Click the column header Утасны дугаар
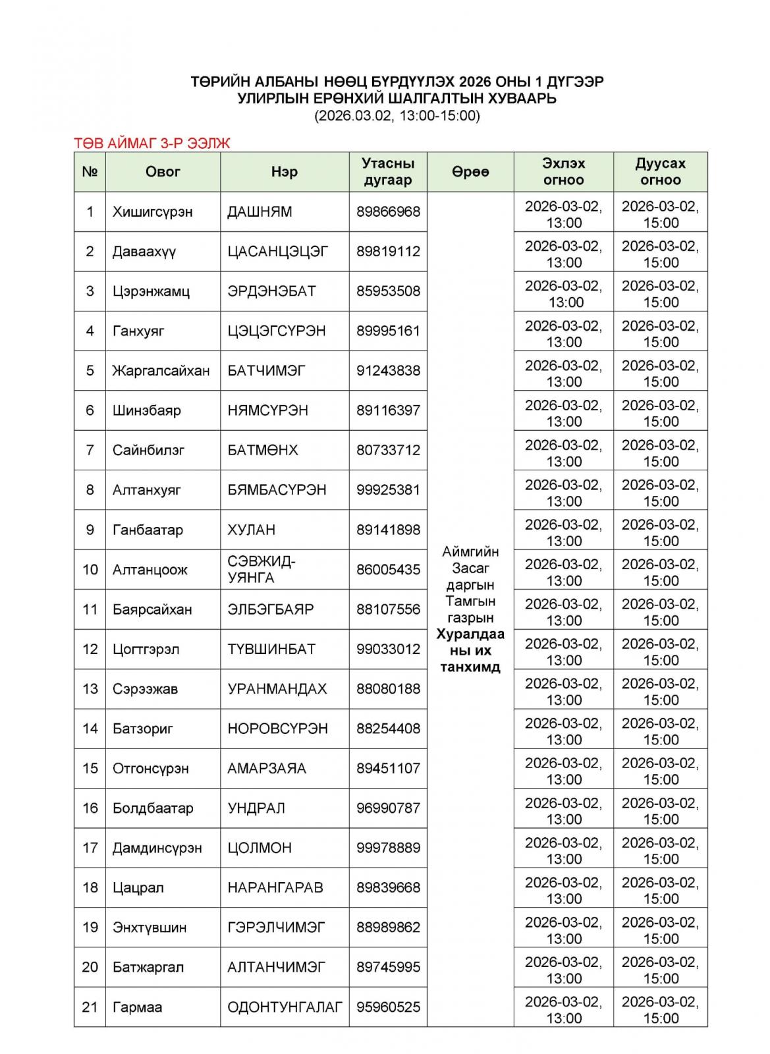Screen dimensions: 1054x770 [x=388, y=172]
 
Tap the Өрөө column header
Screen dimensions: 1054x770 [x=470, y=172]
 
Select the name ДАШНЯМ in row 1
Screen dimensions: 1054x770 [x=260, y=212]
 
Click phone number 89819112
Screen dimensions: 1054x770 [x=388, y=252]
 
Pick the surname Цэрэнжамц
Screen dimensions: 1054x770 [x=151, y=291]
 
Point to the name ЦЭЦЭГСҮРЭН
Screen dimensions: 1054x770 [x=277, y=331]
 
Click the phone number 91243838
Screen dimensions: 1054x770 [x=388, y=371]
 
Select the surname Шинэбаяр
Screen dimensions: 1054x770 [x=146, y=410]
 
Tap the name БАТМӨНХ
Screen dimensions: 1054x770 [x=263, y=450]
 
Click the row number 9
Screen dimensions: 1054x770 [x=90, y=530]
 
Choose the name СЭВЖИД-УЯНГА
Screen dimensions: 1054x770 [x=261, y=570]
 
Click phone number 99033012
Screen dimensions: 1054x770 [x=388, y=649]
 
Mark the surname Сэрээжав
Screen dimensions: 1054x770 [x=145, y=689]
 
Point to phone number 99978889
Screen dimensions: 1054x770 [x=388, y=848]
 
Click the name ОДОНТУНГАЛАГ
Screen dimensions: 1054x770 [x=285, y=1007]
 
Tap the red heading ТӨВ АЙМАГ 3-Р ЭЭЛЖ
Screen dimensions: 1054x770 [x=152, y=143]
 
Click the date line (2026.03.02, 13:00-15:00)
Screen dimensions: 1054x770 [x=397, y=116]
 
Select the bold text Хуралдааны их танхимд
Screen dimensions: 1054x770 [x=470, y=651]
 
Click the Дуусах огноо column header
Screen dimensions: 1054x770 [x=660, y=172]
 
